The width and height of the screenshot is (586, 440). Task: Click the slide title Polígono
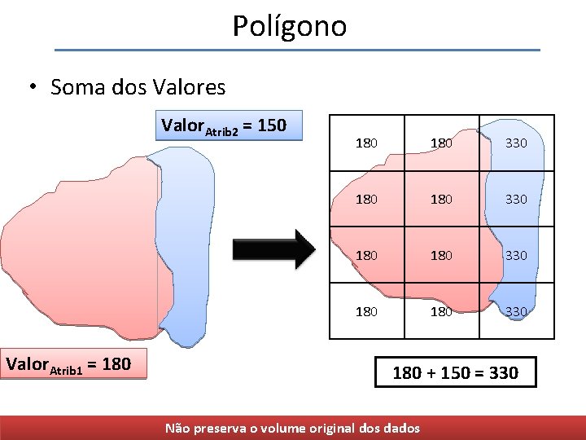(x=290, y=26)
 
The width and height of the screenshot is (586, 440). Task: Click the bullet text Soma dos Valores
(x=137, y=86)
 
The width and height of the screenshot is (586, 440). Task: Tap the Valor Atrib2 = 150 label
(x=225, y=125)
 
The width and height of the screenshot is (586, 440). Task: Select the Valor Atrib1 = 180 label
(x=68, y=363)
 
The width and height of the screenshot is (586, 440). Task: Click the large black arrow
(x=273, y=249)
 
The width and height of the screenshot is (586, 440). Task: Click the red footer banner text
(x=293, y=428)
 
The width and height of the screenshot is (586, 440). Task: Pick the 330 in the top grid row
(x=516, y=143)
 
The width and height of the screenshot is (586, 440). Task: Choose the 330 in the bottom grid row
(x=516, y=310)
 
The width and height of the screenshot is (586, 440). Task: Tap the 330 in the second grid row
(x=516, y=199)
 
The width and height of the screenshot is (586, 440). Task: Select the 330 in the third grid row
(x=516, y=255)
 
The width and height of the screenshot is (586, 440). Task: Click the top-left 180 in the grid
(x=366, y=143)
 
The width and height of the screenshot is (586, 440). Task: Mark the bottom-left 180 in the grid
(x=366, y=310)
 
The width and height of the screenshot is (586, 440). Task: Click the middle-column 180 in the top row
(x=441, y=143)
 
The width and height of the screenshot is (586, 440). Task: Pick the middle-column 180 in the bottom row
(x=441, y=310)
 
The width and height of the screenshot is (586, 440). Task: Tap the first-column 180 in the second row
(x=366, y=199)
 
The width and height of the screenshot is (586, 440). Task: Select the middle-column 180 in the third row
(x=441, y=255)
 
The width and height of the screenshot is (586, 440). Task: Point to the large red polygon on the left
(x=81, y=244)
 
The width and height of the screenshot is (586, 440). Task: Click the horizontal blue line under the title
(x=297, y=51)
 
